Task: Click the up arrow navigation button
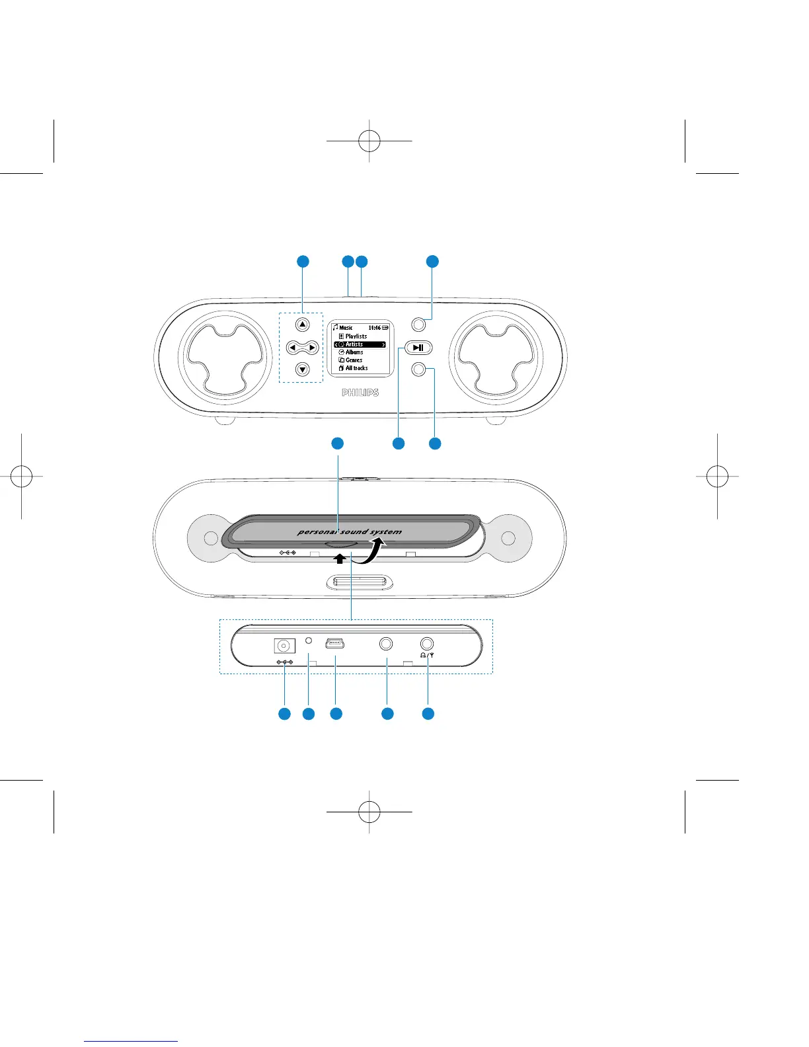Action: coord(302,325)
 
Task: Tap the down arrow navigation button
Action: coord(302,369)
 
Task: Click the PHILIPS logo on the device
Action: coord(360,393)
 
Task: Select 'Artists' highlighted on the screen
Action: coord(355,344)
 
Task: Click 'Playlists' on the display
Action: coord(356,336)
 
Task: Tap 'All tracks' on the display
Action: coord(356,368)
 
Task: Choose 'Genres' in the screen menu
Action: coord(354,360)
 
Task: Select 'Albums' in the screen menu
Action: coord(354,352)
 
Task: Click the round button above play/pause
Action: coord(418,325)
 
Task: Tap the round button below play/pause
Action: coord(418,369)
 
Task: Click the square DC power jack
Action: coord(284,646)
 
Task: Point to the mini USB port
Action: coord(335,642)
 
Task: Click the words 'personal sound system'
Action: coord(349,531)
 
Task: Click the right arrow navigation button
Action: coord(312,347)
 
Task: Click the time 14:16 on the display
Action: coord(374,328)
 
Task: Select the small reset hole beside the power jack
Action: coord(308,641)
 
